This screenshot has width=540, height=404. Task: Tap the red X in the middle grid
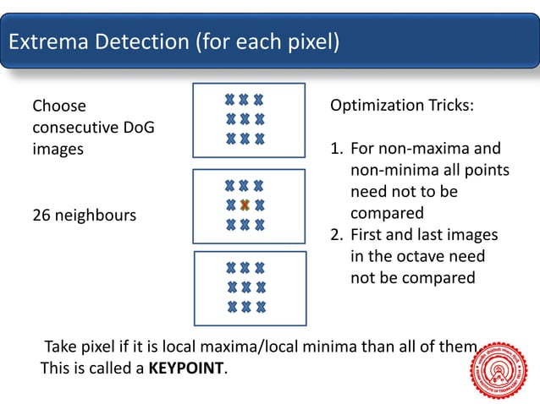245,205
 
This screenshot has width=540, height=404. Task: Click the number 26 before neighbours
41,216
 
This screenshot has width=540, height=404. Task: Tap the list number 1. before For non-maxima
336,149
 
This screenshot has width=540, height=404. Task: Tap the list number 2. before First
336,235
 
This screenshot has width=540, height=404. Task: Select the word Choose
59,106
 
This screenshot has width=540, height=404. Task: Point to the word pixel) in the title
314,41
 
